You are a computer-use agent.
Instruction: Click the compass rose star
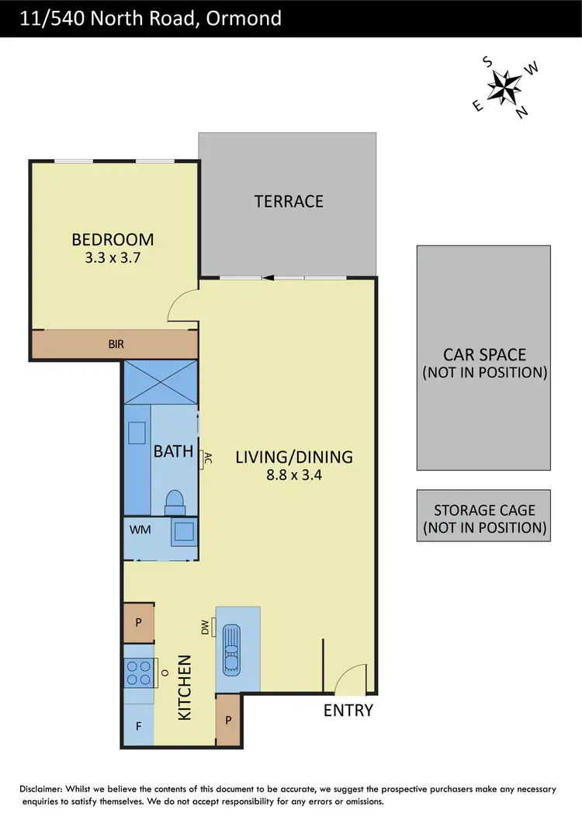click(x=504, y=85)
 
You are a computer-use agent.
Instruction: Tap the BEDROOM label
click(x=113, y=239)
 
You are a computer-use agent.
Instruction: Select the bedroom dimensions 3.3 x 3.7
click(x=113, y=258)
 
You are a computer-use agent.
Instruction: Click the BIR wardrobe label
click(x=116, y=343)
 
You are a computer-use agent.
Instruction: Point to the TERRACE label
click(x=289, y=201)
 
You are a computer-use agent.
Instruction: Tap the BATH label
click(x=173, y=450)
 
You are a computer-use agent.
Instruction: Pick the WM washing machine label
click(x=140, y=530)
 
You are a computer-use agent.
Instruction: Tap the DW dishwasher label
click(x=206, y=626)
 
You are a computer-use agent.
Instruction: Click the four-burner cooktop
click(x=139, y=673)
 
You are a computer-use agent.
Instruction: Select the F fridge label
click(x=139, y=728)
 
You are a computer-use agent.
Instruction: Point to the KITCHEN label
click(x=185, y=687)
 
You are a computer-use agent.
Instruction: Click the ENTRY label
click(x=348, y=710)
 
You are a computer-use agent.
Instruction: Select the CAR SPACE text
click(x=484, y=363)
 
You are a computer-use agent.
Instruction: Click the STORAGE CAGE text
click(x=484, y=519)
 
